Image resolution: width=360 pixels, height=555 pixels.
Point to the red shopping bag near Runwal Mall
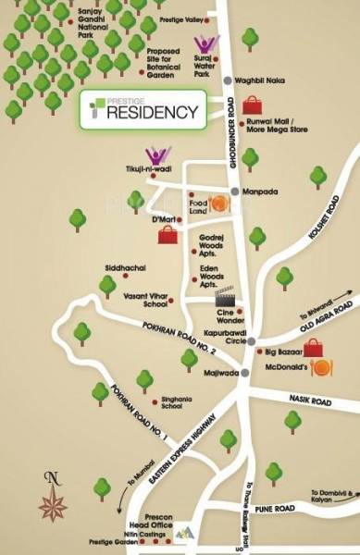click(x=249, y=103)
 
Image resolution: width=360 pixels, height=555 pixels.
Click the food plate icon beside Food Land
click(x=221, y=204)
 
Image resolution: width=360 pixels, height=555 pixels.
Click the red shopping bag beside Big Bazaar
click(x=315, y=348)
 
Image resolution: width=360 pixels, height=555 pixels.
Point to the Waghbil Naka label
click(x=256, y=80)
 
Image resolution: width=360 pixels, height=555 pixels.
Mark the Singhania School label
click(x=178, y=402)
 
